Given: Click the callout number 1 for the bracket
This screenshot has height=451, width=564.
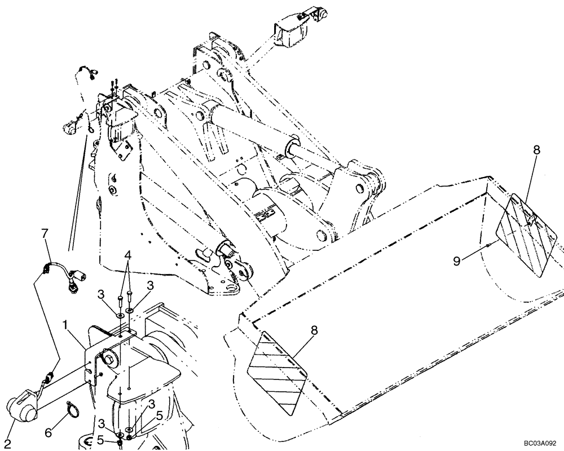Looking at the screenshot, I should coord(67,326).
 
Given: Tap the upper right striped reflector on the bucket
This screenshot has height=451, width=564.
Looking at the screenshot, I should coord(526,232).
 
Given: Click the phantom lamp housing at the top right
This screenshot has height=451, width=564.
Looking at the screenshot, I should coord(292,29).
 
